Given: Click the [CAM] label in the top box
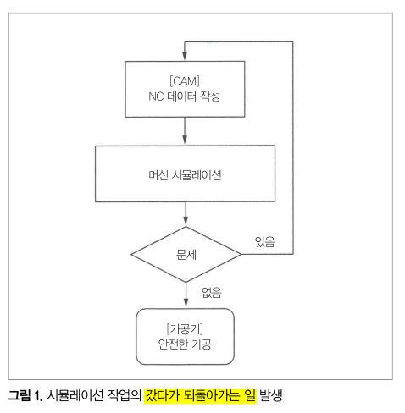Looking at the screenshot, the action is (x=185, y=81).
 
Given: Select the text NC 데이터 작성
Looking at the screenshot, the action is (x=185, y=96).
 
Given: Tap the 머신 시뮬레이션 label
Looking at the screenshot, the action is (x=185, y=175).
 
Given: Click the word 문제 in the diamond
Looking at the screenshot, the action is (x=186, y=255).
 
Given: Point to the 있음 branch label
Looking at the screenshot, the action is (x=264, y=242).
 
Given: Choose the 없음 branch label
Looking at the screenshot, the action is (x=212, y=293).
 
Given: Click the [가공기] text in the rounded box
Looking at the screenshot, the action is (x=185, y=328).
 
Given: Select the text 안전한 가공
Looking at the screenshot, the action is (x=185, y=344).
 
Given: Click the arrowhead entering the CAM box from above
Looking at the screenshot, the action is (x=185, y=56).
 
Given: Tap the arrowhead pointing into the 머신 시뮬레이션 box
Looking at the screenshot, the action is (x=185, y=140).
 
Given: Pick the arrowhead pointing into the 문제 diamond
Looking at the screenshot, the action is (x=186, y=221).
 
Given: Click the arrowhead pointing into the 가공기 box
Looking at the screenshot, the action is (x=186, y=303).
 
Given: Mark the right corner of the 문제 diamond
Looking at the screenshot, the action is (x=241, y=254).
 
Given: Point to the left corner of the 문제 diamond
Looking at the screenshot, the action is (x=131, y=254).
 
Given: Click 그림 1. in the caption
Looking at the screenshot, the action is (x=25, y=395).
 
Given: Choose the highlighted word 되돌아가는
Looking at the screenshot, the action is (x=212, y=395).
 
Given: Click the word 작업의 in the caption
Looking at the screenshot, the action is (x=125, y=395).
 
